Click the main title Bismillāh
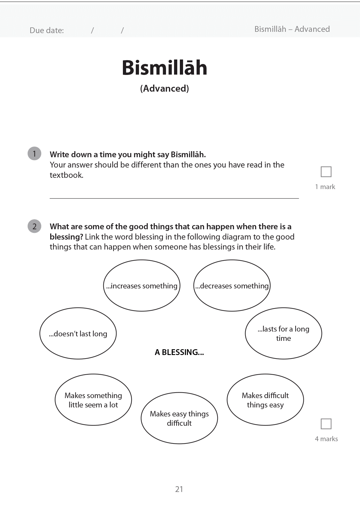click(x=164, y=68)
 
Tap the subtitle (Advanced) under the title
click(x=164, y=88)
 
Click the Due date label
click(x=47, y=31)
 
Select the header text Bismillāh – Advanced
click(x=292, y=29)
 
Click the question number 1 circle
click(x=34, y=153)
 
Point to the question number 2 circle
click(x=34, y=226)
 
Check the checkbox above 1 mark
click(x=326, y=172)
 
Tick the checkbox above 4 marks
click(x=326, y=424)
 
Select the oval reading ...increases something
click(x=142, y=286)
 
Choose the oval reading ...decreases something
click(x=232, y=286)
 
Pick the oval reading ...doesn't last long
click(x=78, y=333)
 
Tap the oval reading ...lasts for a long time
click(x=283, y=333)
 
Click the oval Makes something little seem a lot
click(x=93, y=400)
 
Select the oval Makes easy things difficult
click(x=179, y=418)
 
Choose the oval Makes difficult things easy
click(x=265, y=400)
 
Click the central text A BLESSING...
click(x=179, y=352)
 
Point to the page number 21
click(x=179, y=489)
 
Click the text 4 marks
click(x=326, y=439)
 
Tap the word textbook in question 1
click(x=66, y=175)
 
